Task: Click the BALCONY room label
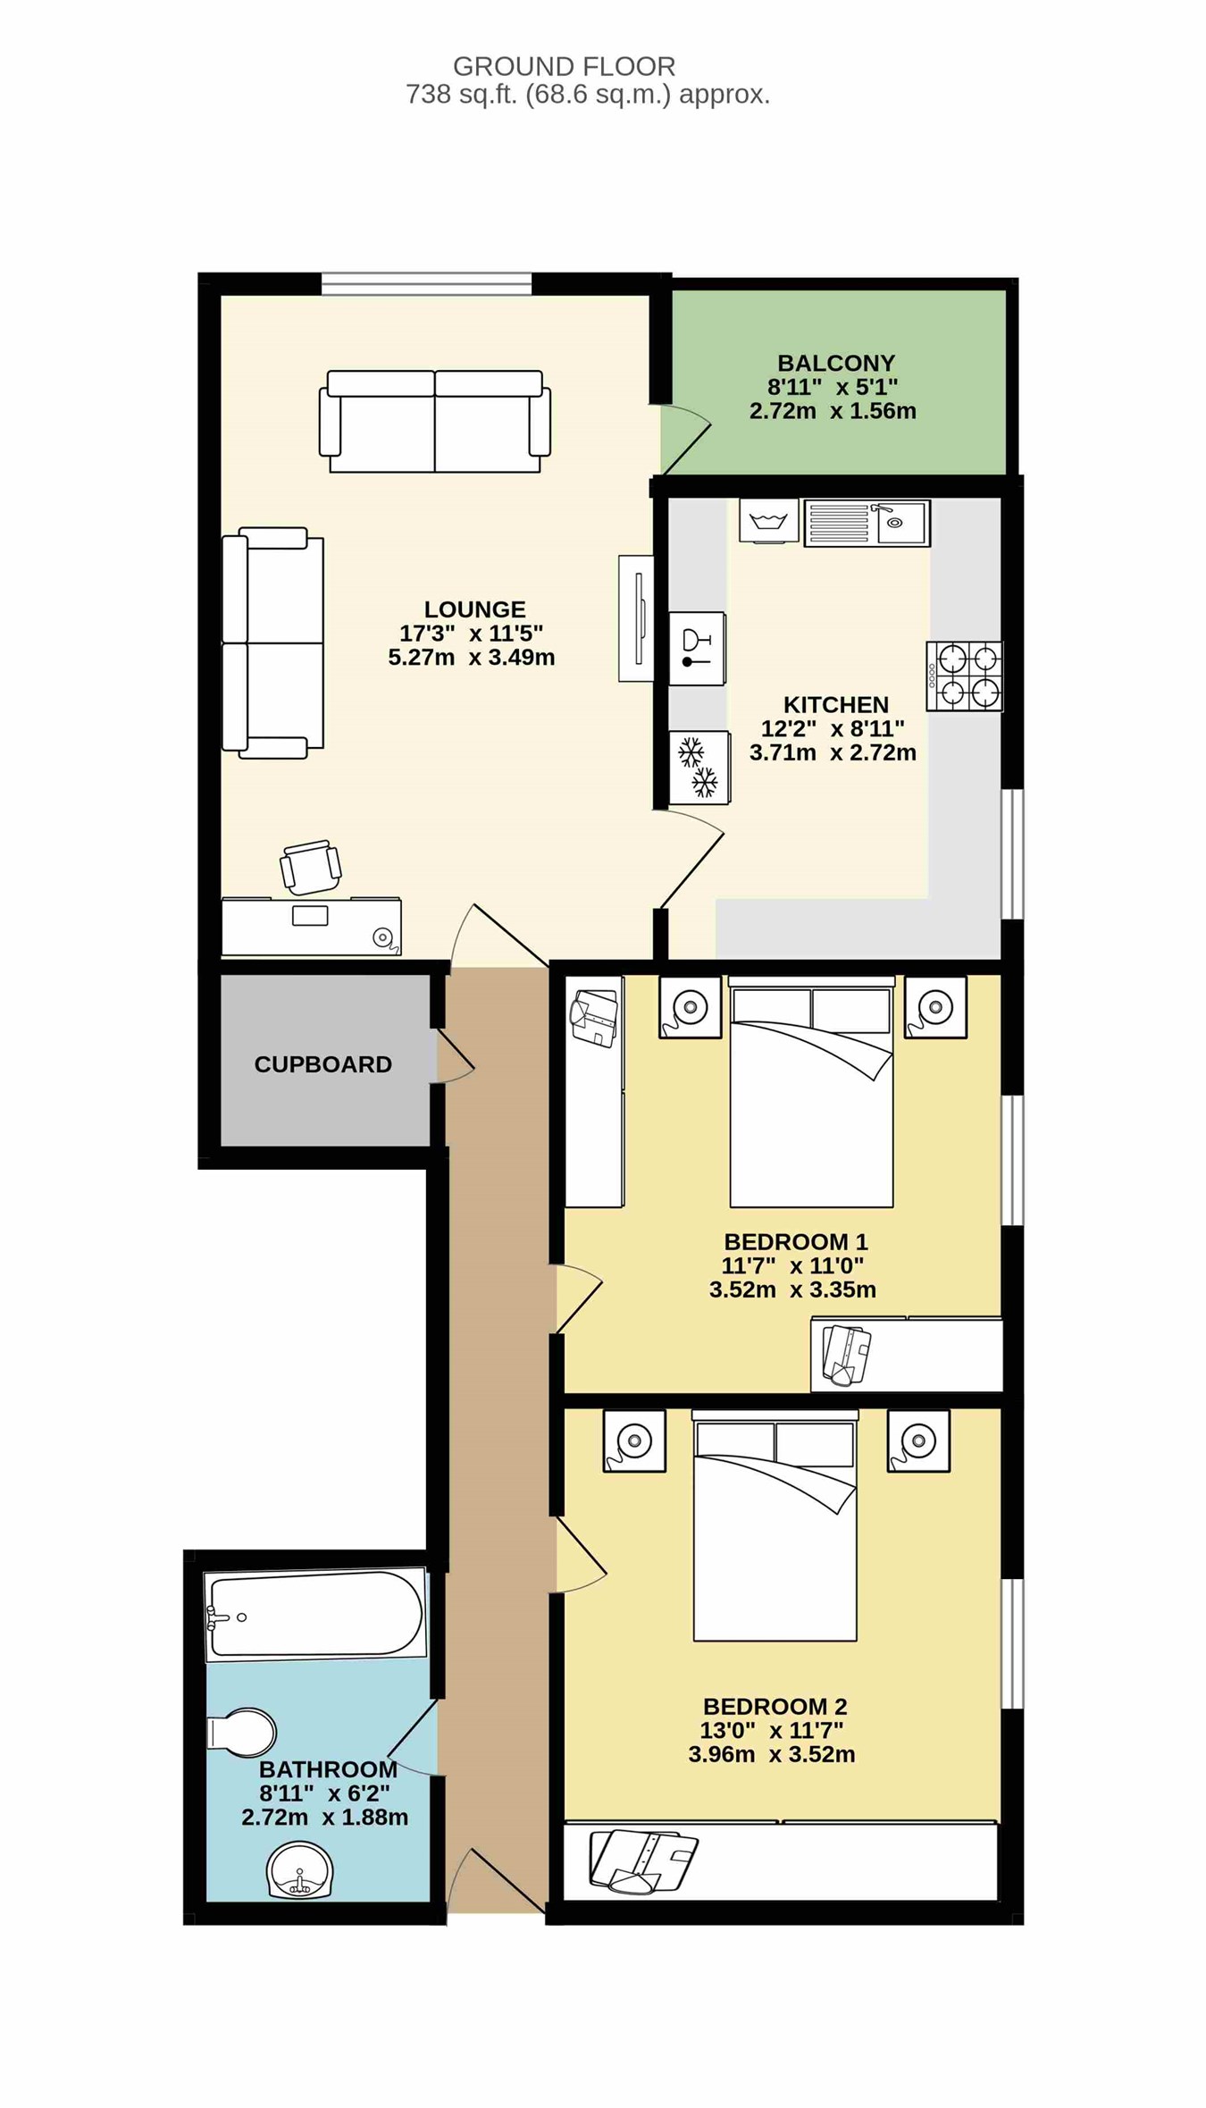pyautogui.click(x=835, y=363)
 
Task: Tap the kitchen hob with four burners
pyautogui.click(x=964, y=676)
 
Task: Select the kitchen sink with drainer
pyautogui.click(x=867, y=523)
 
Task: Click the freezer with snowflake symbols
pyautogui.click(x=699, y=768)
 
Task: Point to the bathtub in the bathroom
pyautogui.click(x=315, y=1615)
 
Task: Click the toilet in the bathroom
pyautogui.click(x=241, y=1733)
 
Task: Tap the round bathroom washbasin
pyautogui.click(x=299, y=1869)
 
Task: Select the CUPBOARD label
pyautogui.click(x=322, y=1064)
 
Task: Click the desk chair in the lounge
pyautogui.click(x=310, y=867)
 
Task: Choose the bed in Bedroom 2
pyautogui.click(x=775, y=1525)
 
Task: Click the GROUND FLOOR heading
pyautogui.click(x=564, y=66)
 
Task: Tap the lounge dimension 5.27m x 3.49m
pyautogui.click(x=471, y=658)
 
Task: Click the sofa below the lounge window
pyautogui.click(x=435, y=421)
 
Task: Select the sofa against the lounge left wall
pyautogui.click(x=272, y=642)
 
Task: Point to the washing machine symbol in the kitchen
pyautogui.click(x=769, y=521)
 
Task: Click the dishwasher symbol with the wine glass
pyautogui.click(x=697, y=649)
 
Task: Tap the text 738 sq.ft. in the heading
pyautogui.click(x=462, y=95)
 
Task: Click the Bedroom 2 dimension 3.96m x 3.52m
pyautogui.click(x=771, y=1754)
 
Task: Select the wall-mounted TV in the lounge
pyautogui.click(x=637, y=618)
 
